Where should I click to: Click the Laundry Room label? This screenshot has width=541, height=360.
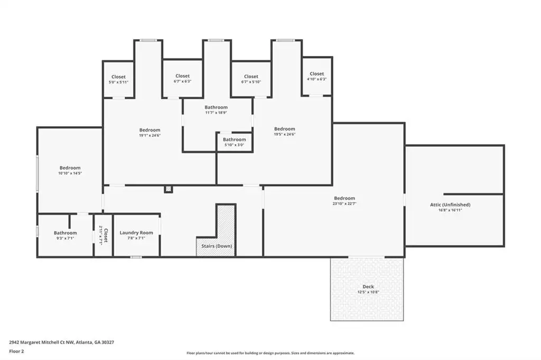(136, 233)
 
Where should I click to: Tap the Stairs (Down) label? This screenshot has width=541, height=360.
(217, 246)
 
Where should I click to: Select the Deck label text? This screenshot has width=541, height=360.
(368, 287)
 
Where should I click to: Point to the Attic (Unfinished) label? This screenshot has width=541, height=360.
(450, 205)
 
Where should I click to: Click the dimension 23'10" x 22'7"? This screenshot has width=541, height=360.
(344, 203)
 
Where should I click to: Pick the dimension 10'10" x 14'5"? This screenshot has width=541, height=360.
(70, 173)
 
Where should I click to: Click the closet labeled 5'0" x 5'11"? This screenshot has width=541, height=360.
(119, 79)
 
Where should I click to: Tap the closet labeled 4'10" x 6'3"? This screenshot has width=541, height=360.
(317, 76)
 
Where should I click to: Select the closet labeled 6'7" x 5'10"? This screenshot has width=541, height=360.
(251, 79)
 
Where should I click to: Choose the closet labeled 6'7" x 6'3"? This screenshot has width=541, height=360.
(182, 78)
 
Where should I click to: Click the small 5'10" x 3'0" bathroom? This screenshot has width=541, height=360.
(234, 142)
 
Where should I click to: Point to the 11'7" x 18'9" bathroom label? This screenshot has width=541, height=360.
(216, 110)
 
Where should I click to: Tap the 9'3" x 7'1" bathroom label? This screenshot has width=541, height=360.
(65, 235)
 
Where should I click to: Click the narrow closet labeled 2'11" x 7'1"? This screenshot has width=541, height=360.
(104, 235)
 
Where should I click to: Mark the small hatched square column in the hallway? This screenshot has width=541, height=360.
(169, 189)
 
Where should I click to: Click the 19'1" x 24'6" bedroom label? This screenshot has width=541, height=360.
(150, 132)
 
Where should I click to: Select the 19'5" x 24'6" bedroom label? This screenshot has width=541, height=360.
(285, 131)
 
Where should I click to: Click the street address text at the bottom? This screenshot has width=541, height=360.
(61, 343)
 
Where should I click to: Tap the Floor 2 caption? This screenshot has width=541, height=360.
(16, 352)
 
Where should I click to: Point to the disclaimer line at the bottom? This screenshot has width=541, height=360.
(270, 353)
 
